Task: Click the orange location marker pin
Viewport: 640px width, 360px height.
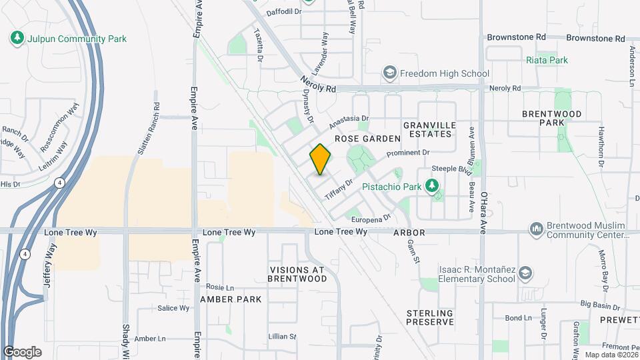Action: point(320,159)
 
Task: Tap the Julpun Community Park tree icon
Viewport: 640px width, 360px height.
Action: point(17,39)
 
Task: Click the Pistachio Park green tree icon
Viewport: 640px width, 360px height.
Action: point(433,187)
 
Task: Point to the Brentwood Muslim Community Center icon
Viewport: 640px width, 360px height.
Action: point(537,230)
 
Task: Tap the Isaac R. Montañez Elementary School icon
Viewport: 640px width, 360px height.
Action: point(526,274)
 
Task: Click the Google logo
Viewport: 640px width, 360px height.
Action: point(22,351)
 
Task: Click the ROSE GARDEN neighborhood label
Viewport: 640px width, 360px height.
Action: point(367,139)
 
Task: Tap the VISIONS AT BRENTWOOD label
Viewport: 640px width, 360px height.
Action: point(296,274)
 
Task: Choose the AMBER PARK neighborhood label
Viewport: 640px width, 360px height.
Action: point(231,299)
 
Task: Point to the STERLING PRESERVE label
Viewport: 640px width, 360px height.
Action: point(430,317)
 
